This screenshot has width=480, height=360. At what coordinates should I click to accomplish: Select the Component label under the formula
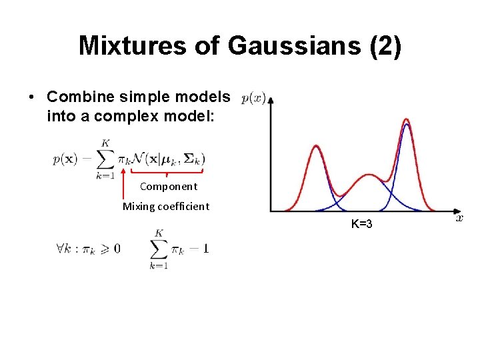(168, 187)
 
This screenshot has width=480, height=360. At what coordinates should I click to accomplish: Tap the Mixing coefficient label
(165, 206)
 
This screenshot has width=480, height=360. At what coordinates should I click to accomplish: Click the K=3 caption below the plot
(361, 224)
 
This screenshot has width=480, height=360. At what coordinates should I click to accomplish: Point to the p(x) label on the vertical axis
(253, 99)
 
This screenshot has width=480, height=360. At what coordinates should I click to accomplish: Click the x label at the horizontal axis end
(459, 217)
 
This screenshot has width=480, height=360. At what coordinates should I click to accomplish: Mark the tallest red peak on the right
(406, 121)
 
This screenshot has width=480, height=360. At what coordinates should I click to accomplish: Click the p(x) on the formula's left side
(67, 159)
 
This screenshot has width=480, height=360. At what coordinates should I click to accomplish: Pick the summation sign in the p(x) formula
(105, 159)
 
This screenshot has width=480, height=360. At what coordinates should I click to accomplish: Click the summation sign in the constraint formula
(159, 249)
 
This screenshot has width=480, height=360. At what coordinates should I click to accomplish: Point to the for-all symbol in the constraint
(61, 249)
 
